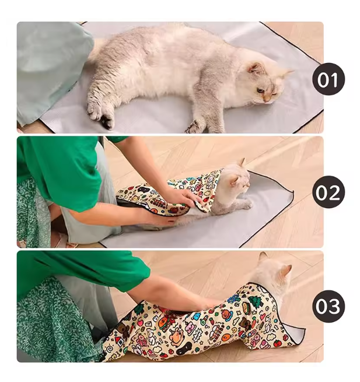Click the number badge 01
328,79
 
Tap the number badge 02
328,192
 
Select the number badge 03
328,306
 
